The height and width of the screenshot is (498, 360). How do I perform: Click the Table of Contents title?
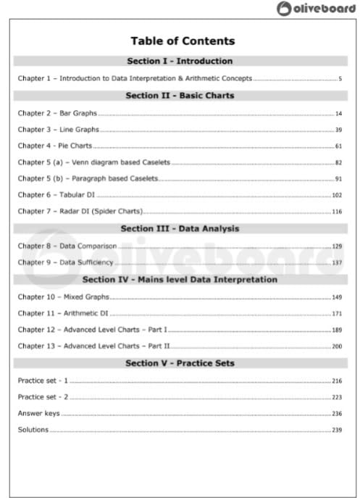[x=182, y=41]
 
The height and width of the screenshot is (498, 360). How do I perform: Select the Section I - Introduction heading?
[x=180, y=61]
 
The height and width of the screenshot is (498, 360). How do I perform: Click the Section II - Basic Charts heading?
[x=180, y=95]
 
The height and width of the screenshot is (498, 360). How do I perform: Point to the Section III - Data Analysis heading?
[x=180, y=228]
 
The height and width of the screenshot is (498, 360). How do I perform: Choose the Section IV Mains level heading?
[x=180, y=279]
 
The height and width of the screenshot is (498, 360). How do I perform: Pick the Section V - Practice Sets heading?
[x=180, y=362]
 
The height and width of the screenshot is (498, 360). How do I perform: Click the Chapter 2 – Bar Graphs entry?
[x=57, y=113]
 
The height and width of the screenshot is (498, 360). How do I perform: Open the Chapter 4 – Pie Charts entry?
[x=55, y=146]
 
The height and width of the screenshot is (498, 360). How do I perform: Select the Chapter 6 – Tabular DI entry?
[x=56, y=195]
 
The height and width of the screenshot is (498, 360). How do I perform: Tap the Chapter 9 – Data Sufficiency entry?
[x=66, y=262]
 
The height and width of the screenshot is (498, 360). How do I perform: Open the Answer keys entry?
[x=38, y=413]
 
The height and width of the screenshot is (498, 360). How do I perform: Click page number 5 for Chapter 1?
[x=339, y=78]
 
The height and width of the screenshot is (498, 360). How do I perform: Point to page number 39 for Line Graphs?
[x=338, y=130]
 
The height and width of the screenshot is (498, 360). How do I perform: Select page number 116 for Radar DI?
[x=336, y=212]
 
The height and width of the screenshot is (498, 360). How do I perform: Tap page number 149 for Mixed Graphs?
[x=336, y=296]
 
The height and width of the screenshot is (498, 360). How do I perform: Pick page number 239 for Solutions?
[x=336, y=430]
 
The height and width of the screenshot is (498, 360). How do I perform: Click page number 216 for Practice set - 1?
[x=336, y=381]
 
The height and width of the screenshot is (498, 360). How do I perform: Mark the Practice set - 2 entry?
[x=43, y=397]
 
